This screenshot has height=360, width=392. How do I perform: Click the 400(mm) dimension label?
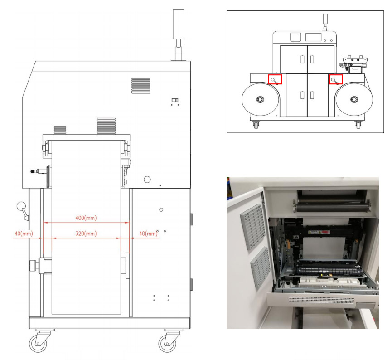[x=86, y=218]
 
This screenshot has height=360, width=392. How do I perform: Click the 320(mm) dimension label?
[x=86, y=234]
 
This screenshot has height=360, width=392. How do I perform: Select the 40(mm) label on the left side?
[x=22, y=234]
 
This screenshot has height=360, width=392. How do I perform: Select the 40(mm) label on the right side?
[x=147, y=234]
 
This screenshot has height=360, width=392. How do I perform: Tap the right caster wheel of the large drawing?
[x=167, y=343]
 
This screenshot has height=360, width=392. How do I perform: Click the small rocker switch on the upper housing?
[x=175, y=100]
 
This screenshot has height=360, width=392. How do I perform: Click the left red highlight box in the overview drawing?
[x=275, y=79]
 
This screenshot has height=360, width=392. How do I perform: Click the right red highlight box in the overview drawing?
[x=335, y=79]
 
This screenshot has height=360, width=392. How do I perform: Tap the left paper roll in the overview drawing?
[x=260, y=99]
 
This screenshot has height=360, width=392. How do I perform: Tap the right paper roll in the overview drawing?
[x=353, y=99]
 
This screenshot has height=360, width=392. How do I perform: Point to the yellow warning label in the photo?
[x=318, y=233]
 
